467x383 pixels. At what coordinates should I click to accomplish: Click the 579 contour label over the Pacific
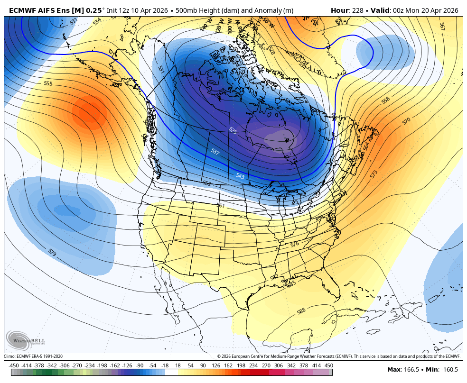(52, 253)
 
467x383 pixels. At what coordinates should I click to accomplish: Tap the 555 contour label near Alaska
(48, 84)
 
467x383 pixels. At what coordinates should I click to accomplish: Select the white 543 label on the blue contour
(240, 176)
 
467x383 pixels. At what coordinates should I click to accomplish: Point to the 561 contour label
(220, 205)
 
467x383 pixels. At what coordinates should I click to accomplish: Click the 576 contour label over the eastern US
(295, 245)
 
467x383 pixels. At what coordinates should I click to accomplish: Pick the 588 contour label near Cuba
(301, 311)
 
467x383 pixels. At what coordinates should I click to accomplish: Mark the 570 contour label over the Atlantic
(406, 121)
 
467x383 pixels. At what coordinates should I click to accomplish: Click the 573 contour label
(374, 173)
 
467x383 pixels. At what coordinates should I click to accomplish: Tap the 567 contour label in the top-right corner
(442, 27)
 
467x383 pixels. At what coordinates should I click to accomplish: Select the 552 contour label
(206, 183)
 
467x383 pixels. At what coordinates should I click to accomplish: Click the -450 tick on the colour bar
(14, 365)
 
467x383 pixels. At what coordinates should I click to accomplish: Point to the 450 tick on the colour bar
(328, 365)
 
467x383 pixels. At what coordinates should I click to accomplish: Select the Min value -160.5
(447, 370)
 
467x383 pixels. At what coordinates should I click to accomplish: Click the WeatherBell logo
(23, 339)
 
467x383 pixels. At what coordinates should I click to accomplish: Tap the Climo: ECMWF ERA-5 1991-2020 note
(33, 356)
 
